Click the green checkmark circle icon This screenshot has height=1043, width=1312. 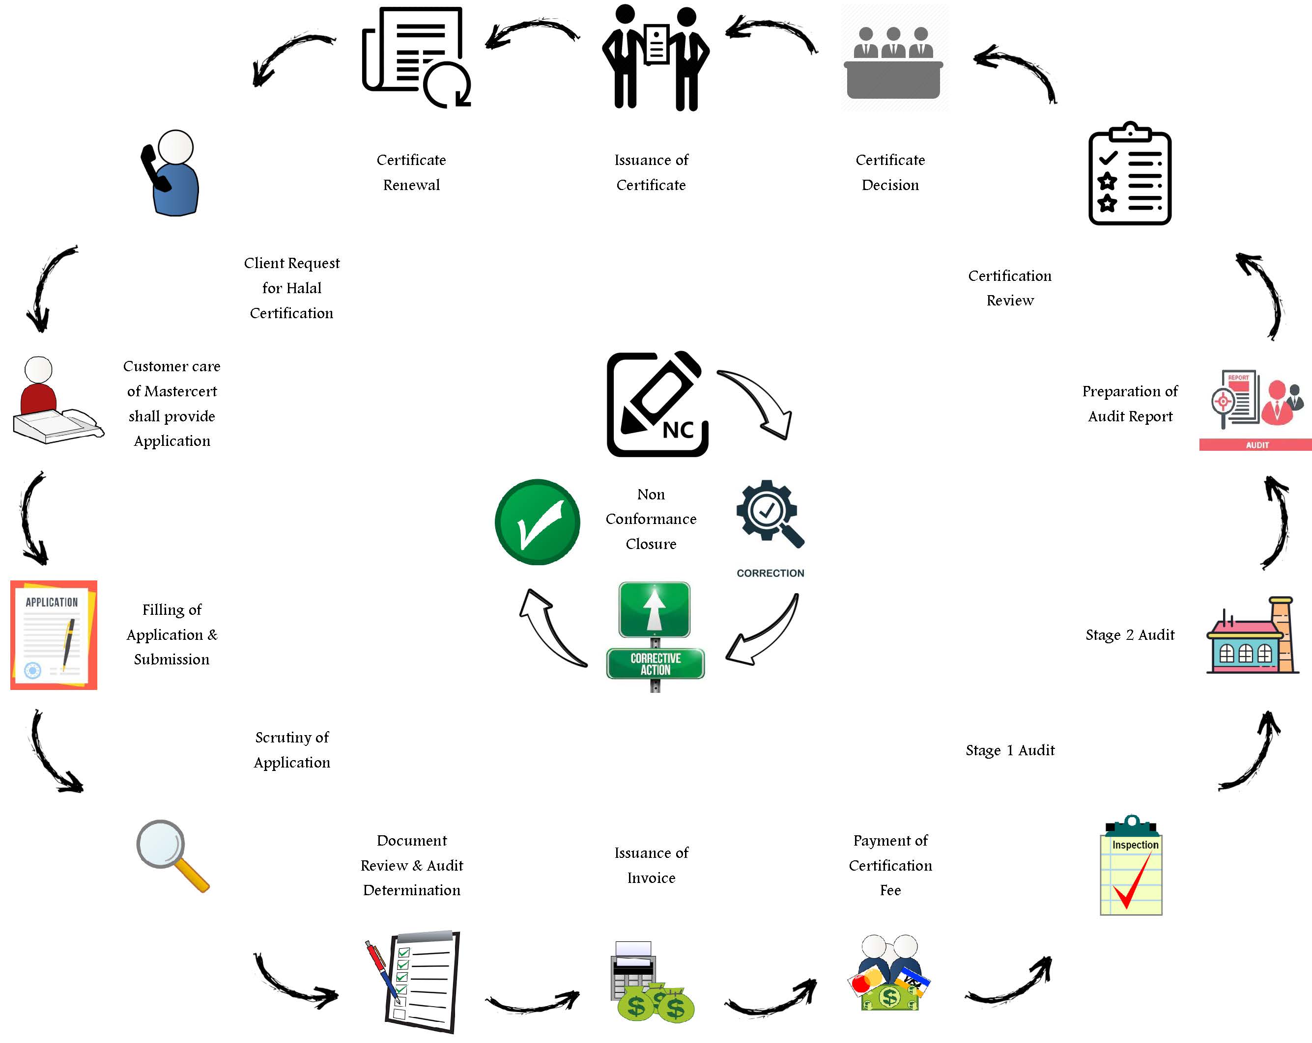pyautogui.click(x=537, y=522)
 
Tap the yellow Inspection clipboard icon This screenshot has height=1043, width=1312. pyautogui.click(x=1131, y=866)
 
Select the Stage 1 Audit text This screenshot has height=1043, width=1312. pyautogui.click(x=1010, y=750)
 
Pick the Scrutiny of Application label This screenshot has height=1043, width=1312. pyautogui.click(x=292, y=750)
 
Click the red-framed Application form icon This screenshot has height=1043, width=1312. pyautogui.click(x=54, y=635)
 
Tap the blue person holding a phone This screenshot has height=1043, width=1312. pyautogui.click(x=171, y=173)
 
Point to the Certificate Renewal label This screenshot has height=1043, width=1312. pyautogui.click(x=411, y=172)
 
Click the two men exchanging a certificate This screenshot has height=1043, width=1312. pyautogui.click(x=656, y=58)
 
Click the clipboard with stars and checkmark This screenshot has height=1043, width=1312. pyautogui.click(x=1129, y=174)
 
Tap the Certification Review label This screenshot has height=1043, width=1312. pyautogui.click(x=1010, y=288)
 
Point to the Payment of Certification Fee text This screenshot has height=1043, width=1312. pyautogui.click(x=890, y=865)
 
